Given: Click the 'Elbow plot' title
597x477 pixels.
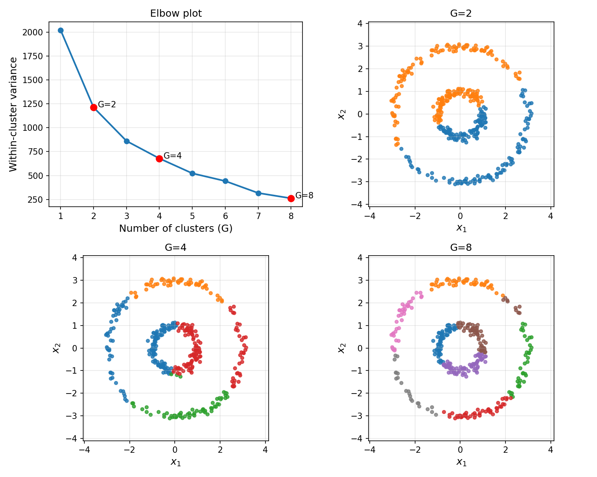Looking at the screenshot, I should coord(176,14).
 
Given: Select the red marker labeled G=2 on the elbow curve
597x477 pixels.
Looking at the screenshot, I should coord(94,107).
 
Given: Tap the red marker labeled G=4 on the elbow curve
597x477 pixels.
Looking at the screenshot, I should coord(159,159).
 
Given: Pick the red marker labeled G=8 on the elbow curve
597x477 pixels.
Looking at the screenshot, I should coord(291,198).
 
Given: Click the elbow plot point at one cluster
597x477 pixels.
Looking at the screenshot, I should coord(60,30).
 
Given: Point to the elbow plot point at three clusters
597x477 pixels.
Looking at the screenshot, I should coord(127,141).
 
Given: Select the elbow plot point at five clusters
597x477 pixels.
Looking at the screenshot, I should coord(192,173).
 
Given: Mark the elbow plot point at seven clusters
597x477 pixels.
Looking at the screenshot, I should coord(258,193).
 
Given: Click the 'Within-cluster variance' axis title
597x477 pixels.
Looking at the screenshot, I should coord(14,114).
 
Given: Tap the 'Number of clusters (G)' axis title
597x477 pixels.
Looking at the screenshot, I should coord(176,229).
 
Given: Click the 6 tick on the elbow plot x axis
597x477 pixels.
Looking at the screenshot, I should coord(225,216).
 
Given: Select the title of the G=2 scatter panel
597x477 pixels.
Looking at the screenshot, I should coord(461,14).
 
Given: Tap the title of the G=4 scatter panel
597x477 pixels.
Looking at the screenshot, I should coord(176,248).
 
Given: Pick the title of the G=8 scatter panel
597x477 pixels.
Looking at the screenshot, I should coord(461,248).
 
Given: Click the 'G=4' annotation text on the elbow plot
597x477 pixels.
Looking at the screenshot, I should coord(173,155).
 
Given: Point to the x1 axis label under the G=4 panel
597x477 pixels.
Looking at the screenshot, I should coord(176,462).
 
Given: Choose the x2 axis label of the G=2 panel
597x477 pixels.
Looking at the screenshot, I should coord(341,114).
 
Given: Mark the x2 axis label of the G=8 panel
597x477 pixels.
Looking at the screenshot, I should coord(341,348).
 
